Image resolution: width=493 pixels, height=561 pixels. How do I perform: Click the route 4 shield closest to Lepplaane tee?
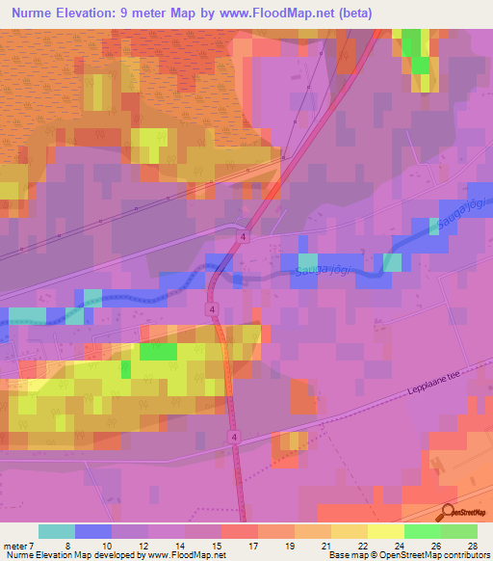pos(234,437)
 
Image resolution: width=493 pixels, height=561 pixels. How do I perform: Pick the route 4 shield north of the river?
pos(245,236)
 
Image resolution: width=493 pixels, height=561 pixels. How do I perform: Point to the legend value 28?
pos(471,545)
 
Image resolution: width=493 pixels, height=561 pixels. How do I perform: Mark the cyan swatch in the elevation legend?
pos(57,531)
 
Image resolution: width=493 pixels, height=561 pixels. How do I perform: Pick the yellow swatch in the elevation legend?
pos(385,531)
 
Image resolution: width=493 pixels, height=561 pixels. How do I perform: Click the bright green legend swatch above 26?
pos(422,531)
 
